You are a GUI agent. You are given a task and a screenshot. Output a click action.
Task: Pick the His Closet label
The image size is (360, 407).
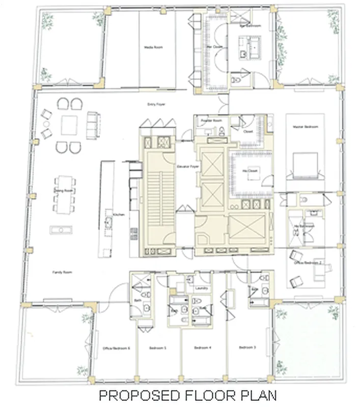(x=250, y=170)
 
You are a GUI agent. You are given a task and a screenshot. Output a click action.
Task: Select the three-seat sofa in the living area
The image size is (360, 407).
(x=92, y=124)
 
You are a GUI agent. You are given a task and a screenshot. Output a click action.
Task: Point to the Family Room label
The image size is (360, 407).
(x=60, y=273)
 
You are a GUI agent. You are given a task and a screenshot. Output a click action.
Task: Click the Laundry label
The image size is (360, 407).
(x=200, y=288)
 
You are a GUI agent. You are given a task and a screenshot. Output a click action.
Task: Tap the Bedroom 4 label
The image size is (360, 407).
(x=202, y=348)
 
